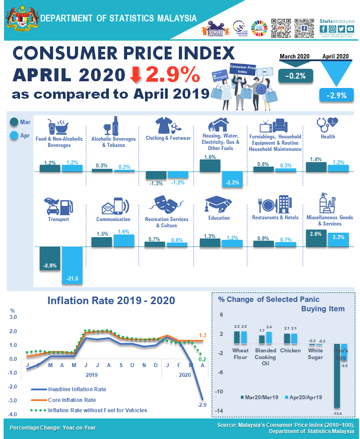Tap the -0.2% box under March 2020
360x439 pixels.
pyautogui.click(x=296, y=75)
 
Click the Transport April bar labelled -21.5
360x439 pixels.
pyautogui.click(x=72, y=266)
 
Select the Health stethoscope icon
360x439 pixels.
pyautogui.click(x=327, y=123)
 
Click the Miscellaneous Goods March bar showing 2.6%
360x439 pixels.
pyautogui.click(x=316, y=238)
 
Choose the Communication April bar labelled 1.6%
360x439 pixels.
pyautogui.click(x=124, y=240)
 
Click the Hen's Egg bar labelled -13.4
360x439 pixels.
pyautogui.click(x=337, y=376)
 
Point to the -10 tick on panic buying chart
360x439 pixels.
pyautogui.click(x=219, y=392)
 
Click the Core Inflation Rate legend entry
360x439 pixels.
pyautogui.click(x=71, y=400)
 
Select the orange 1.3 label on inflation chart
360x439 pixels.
pyautogui.click(x=202, y=335)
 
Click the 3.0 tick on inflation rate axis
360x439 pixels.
pyautogui.click(x=13, y=317)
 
